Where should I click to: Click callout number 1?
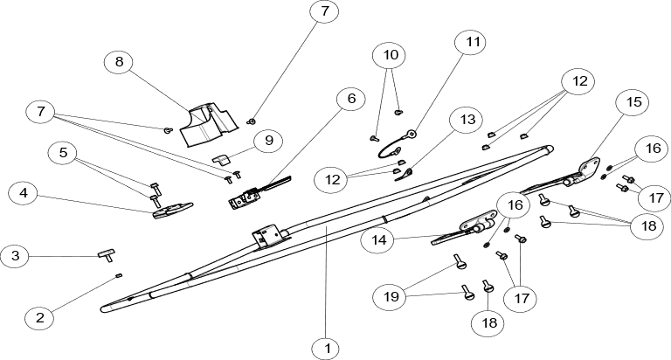click(x=325, y=350)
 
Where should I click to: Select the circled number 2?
click(x=39, y=318)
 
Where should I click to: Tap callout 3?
click(x=15, y=257)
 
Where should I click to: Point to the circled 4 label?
click(x=24, y=193)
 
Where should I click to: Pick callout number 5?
click(x=62, y=153)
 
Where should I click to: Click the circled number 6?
click(x=351, y=99)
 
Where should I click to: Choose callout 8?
click(x=119, y=62)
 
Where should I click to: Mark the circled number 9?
click(x=269, y=140)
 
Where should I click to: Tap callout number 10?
click(x=391, y=55)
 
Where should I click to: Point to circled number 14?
click(x=377, y=239)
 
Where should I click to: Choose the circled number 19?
click(x=391, y=297)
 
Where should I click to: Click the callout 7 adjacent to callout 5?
click(x=40, y=112)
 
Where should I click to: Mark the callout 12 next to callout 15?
click(x=578, y=81)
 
